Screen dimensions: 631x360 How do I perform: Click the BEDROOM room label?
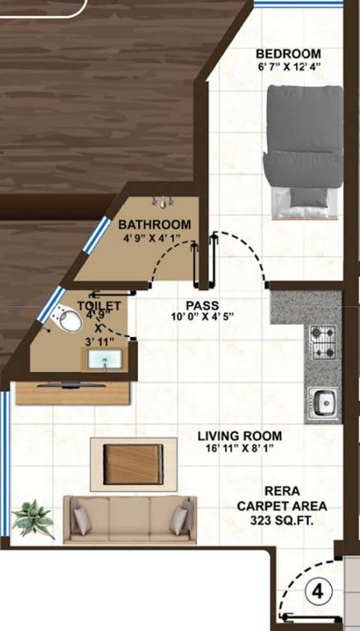tap(288, 54)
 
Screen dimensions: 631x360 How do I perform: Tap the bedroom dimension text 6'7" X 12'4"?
tap(288, 68)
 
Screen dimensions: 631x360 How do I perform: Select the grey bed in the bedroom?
tap(303, 152)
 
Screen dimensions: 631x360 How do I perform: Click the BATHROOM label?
tap(155, 224)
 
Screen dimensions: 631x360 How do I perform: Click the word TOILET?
tap(99, 306)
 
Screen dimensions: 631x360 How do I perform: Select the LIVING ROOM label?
tap(242, 435)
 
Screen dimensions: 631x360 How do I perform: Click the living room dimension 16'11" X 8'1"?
tap(242, 449)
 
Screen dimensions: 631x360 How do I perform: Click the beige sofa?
tap(131, 518)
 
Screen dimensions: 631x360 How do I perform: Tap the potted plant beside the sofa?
tap(33, 519)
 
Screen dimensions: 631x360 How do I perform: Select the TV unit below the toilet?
tap(73, 392)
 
